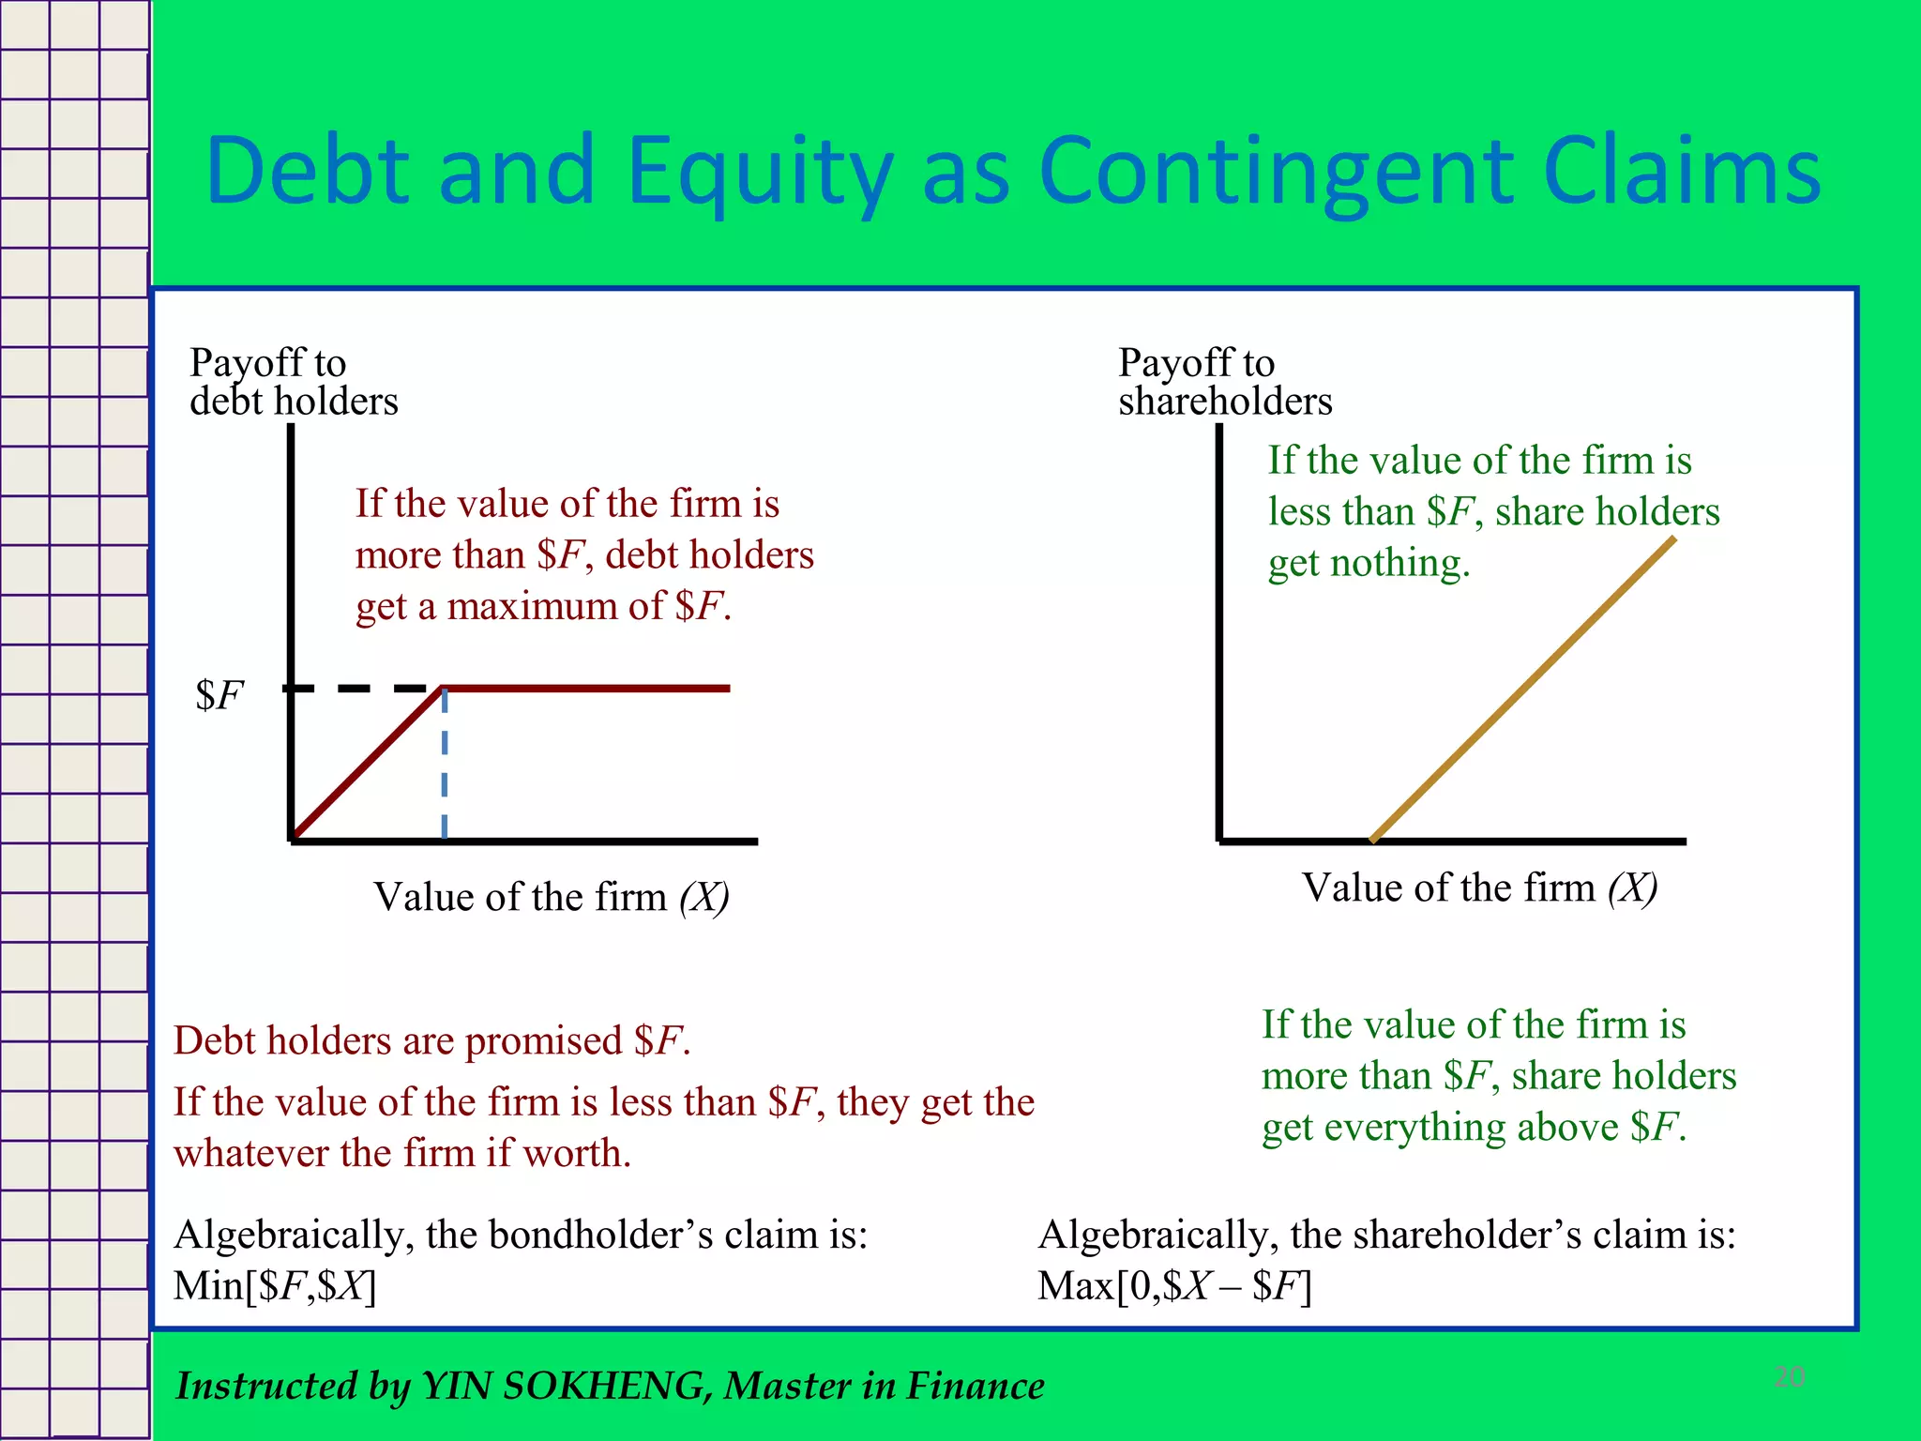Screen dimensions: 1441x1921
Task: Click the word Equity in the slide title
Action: [759, 172]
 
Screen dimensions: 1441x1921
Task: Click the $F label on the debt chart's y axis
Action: [219, 695]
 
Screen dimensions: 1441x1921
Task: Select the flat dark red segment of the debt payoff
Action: [586, 689]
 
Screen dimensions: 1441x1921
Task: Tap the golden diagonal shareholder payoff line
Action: [1522, 690]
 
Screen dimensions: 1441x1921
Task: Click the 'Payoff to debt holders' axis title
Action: [293, 382]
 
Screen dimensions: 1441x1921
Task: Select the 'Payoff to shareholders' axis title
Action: [1224, 382]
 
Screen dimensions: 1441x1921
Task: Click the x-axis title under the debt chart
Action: [551, 897]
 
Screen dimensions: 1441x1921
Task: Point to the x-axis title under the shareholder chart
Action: [1479, 887]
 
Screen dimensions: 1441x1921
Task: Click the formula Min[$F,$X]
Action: [275, 1286]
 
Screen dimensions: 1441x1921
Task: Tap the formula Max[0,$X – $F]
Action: [1174, 1286]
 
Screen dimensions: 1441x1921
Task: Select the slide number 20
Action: [1790, 1377]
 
